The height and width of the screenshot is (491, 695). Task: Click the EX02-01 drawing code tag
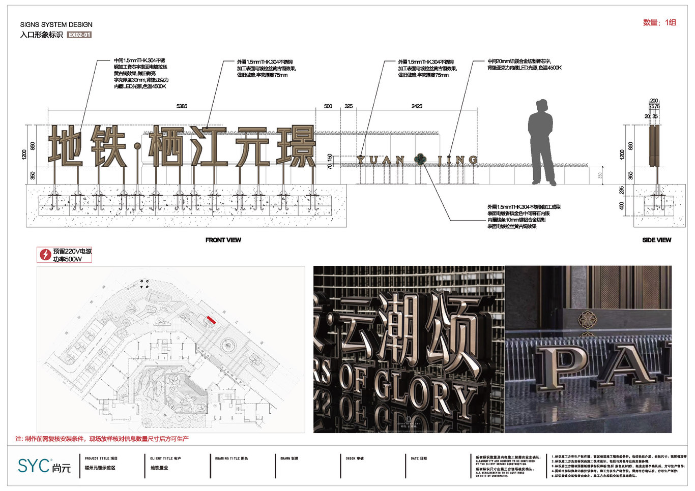coord(79,35)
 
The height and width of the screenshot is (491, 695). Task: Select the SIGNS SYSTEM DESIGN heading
coord(56,24)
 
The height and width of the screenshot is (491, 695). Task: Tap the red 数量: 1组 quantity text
coord(659,22)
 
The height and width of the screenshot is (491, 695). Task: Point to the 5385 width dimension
coord(182,106)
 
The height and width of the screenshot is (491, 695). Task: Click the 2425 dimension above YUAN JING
coord(417,106)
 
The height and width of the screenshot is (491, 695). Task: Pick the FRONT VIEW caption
coord(223,240)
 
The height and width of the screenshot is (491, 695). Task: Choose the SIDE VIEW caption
coord(656,240)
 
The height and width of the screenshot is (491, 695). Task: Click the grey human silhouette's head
coord(541,106)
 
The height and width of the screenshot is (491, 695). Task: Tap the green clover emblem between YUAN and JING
coord(420,160)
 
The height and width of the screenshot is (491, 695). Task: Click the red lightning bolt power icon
coord(45,255)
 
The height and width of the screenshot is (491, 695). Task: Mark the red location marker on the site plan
coord(210,319)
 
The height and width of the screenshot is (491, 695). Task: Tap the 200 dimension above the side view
coord(654,101)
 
